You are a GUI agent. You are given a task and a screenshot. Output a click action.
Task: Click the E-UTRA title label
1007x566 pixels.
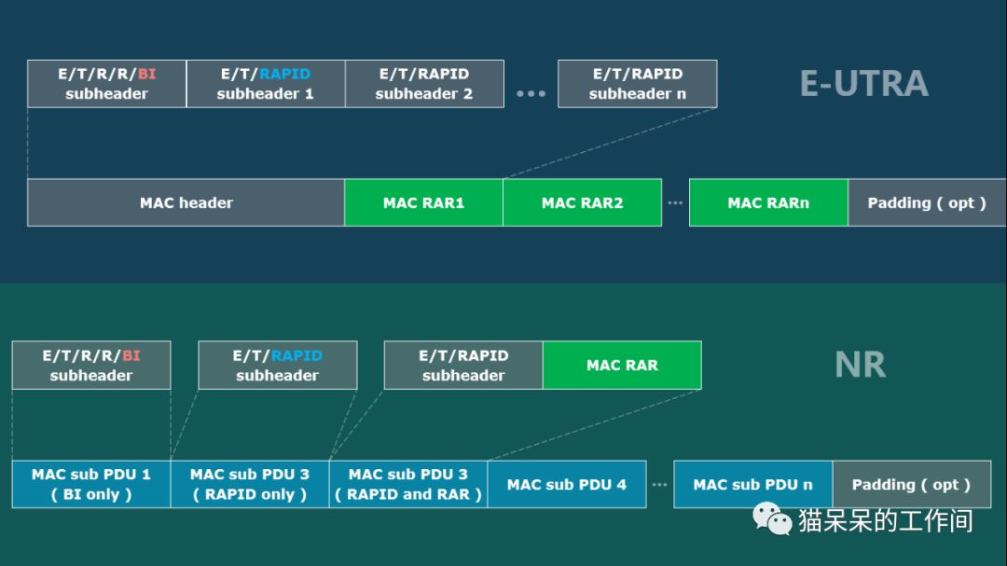click(x=863, y=84)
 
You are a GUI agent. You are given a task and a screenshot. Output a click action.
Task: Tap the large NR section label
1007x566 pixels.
click(x=860, y=365)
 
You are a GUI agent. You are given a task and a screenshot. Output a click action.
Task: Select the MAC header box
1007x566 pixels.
click(x=186, y=202)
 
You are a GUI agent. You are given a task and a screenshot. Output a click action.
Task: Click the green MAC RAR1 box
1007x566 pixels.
click(x=424, y=202)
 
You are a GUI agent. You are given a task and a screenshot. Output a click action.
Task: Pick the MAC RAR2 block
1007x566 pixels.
click(x=583, y=202)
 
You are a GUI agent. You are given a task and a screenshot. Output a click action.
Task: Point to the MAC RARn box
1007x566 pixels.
click(x=768, y=202)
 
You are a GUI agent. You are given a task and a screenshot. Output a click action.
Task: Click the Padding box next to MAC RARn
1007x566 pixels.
click(x=927, y=202)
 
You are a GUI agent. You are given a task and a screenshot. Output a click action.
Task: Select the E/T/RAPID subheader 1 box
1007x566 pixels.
click(x=266, y=84)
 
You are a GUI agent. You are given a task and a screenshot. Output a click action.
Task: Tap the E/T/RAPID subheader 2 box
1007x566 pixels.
click(x=424, y=84)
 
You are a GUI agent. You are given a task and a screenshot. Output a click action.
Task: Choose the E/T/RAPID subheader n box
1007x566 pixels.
click(x=638, y=84)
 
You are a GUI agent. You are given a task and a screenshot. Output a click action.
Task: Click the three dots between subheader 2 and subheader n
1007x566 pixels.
click(x=531, y=94)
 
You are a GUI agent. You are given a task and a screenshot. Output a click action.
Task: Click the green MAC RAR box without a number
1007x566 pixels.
click(x=622, y=365)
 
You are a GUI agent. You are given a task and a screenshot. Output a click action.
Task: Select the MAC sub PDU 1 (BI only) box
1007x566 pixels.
click(x=91, y=484)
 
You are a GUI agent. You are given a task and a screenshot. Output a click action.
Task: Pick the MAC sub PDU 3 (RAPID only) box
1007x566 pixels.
click(x=250, y=484)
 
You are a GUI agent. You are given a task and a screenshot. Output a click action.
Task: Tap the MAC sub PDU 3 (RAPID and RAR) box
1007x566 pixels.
click(x=408, y=484)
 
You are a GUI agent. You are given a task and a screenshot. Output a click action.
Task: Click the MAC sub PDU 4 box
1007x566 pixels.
click(x=567, y=484)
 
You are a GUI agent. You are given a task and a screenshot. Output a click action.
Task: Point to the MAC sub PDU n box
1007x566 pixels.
click(x=753, y=484)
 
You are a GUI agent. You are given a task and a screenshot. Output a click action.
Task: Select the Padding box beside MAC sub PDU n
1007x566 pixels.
click(x=912, y=484)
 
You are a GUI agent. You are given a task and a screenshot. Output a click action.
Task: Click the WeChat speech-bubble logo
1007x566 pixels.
click(x=772, y=519)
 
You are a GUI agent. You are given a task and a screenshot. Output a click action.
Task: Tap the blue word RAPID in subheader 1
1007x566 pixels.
click(x=284, y=74)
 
